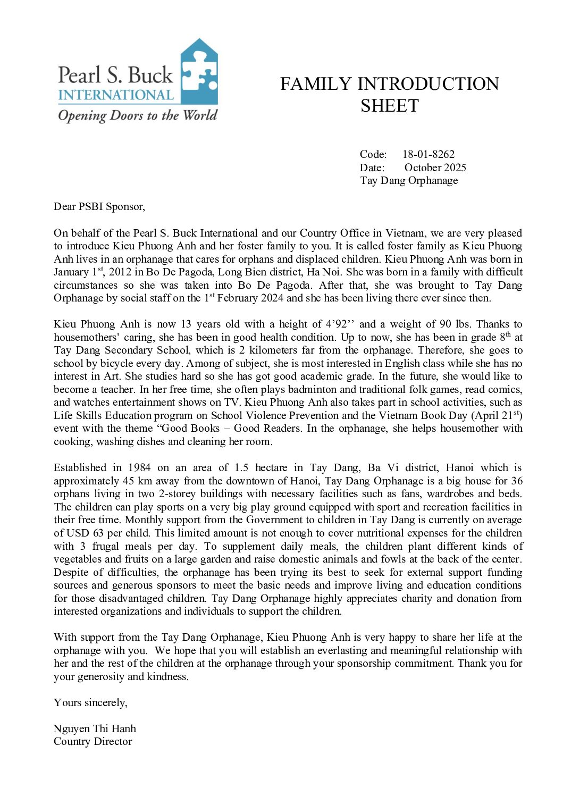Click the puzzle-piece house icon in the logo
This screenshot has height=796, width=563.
(x=199, y=72)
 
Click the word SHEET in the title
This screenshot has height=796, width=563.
(x=390, y=106)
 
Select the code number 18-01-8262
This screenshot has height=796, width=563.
(x=428, y=154)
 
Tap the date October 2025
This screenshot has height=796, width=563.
(x=435, y=167)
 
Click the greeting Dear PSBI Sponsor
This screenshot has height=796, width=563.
(x=99, y=206)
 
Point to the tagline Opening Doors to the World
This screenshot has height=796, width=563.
(x=138, y=115)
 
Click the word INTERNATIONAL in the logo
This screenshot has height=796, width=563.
(x=116, y=95)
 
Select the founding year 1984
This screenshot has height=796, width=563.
(x=139, y=468)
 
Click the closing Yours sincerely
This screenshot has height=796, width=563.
(x=90, y=702)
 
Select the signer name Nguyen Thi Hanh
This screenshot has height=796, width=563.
(x=95, y=728)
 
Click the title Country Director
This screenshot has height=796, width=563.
(x=93, y=741)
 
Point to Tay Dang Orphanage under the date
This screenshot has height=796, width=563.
(x=409, y=180)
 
